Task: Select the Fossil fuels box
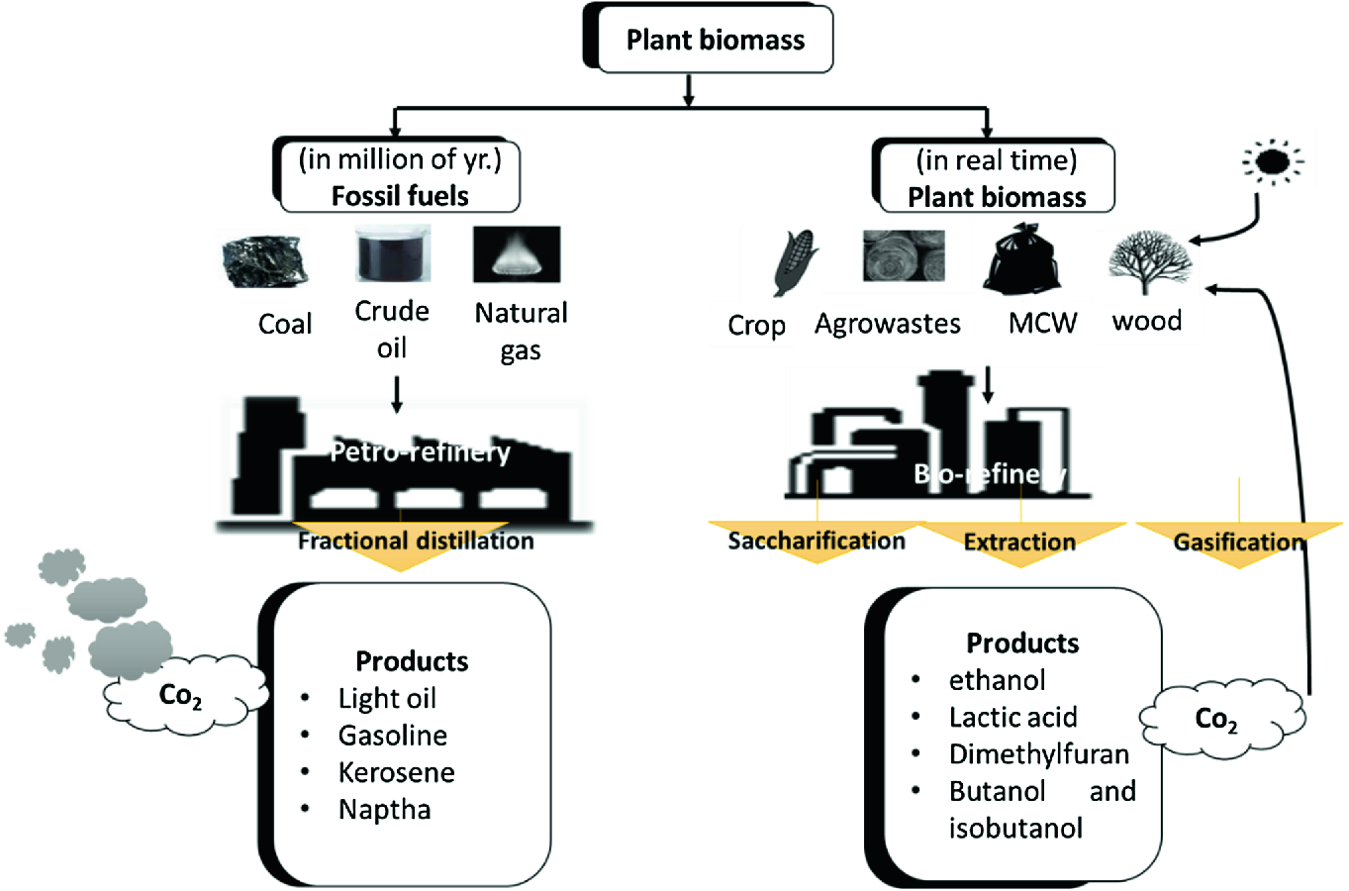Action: [x=400, y=177]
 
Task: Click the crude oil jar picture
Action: [x=393, y=253]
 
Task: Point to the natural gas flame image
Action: [x=517, y=254]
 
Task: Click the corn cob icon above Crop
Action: [x=795, y=263]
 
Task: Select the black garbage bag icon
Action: [x=1022, y=258]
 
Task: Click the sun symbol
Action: [x=1271, y=161]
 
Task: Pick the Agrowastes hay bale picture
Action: [x=903, y=256]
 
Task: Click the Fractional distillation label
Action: [x=416, y=541]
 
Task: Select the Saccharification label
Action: [x=817, y=541]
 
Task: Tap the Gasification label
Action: [x=1238, y=542]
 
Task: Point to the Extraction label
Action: [x=1019, y=542]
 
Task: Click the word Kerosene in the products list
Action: [x=396, y=772]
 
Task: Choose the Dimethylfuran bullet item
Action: [x=1038, y=754]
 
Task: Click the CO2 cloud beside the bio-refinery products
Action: [x=1217, y=718]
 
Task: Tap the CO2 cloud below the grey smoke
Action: [x=182, y=696]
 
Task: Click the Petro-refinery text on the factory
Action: [x=420, y=452]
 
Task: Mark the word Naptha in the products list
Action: [x=384, y=810]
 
